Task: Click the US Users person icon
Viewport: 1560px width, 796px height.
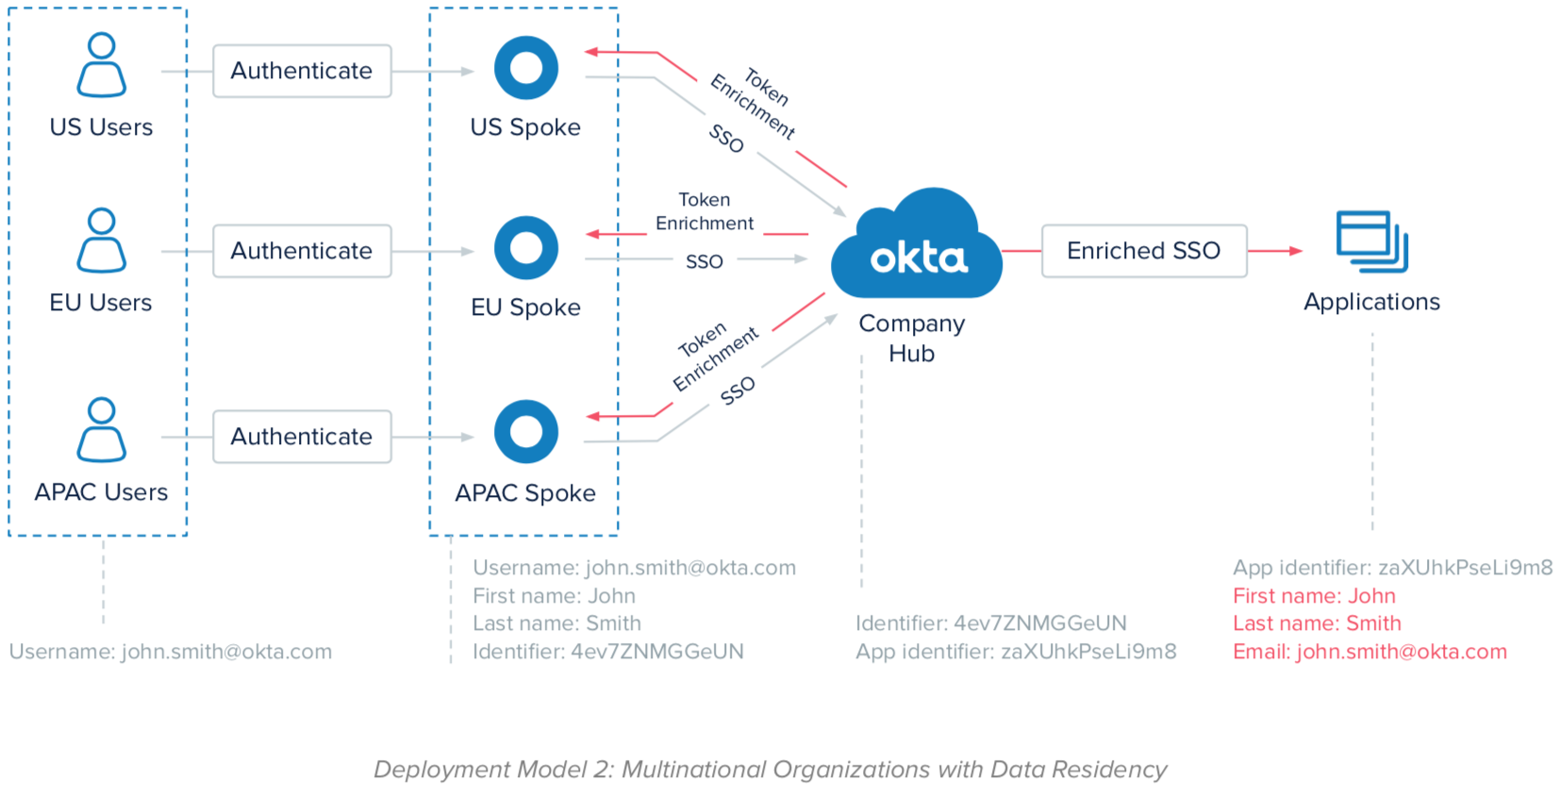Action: tap(101, 65)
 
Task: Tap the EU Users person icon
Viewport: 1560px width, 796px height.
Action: tap(101, 240)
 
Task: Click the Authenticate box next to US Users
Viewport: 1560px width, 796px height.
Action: tap(302, 71)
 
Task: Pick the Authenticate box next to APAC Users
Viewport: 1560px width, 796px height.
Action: tap(302, 437)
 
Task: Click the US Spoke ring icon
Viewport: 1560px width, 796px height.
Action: tap(526, 68)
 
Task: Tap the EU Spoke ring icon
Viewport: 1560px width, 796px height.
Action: tap(526, 248)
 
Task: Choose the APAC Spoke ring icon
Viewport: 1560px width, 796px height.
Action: tap(526, 432)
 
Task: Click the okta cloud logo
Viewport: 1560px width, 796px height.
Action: tap(917, 247)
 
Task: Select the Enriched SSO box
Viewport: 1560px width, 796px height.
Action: tap(1144, 251)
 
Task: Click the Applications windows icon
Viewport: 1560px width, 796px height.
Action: tap(1372, 241)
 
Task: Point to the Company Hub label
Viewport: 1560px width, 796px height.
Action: tap(911, 338)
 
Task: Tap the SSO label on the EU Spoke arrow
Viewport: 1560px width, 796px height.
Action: tap(705, 261)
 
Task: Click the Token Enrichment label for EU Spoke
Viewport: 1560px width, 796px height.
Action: tap(705, 211)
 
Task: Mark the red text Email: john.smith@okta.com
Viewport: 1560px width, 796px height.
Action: tap(1369, 652)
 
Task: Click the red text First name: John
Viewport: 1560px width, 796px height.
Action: tap(1314, 596)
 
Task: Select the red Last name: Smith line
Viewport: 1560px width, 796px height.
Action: tap(1317, 623)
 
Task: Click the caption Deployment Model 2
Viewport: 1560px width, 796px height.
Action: tap(770, 770)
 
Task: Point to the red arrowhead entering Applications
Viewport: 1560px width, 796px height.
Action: tap(1296, 251)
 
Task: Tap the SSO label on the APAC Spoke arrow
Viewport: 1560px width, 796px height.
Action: tap(738, 390)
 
